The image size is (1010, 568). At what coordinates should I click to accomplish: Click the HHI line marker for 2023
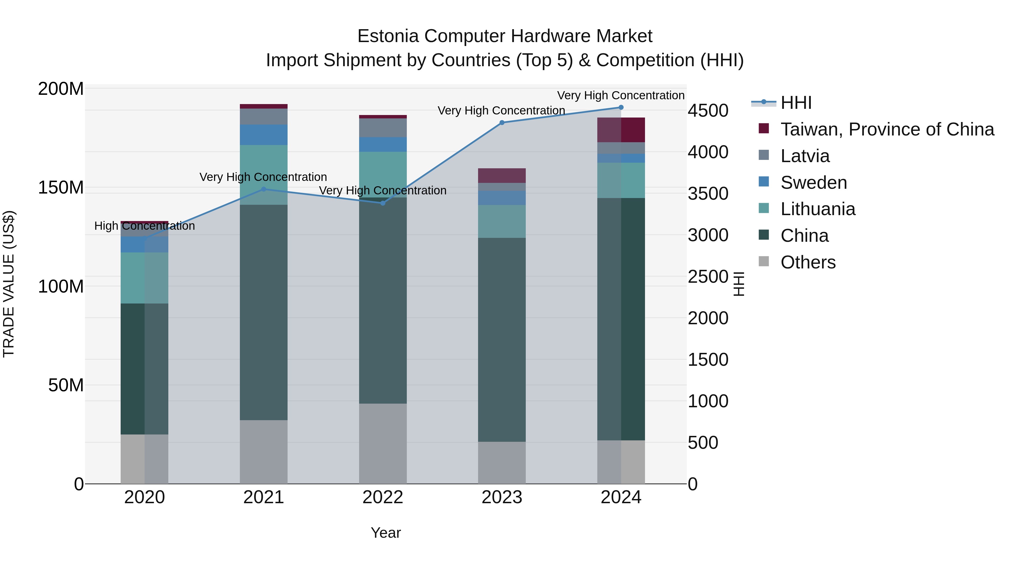[x=502, y=123]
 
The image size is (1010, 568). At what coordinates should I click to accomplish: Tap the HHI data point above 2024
[x=621, y=107]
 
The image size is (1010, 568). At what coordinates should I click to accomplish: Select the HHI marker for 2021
[x=263, y=189]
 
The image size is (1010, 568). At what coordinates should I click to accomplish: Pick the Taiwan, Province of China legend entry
[x=887, y=129]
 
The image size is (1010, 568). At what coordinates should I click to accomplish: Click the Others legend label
[x=808, y=262]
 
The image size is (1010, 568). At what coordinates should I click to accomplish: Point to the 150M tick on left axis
[x=61, y=187]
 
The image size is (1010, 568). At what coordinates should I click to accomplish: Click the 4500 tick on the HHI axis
[x=708, y=111]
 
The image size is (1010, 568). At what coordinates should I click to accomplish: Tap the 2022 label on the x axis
[x=383, y=497]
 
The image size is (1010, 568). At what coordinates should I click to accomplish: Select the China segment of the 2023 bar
[x=502, y=339]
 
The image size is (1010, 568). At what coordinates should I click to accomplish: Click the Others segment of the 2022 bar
[x=383, y=443]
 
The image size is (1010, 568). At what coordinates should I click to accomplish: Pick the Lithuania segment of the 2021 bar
[x=263, y=175]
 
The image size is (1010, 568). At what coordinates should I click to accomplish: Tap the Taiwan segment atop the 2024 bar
[x=621, y=130]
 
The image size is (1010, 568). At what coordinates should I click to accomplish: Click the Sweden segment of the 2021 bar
[x=263, y=135]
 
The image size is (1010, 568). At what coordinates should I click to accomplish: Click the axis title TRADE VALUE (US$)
[x=9, y=284]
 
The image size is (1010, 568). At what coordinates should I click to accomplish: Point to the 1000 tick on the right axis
[x=708, y=401]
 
